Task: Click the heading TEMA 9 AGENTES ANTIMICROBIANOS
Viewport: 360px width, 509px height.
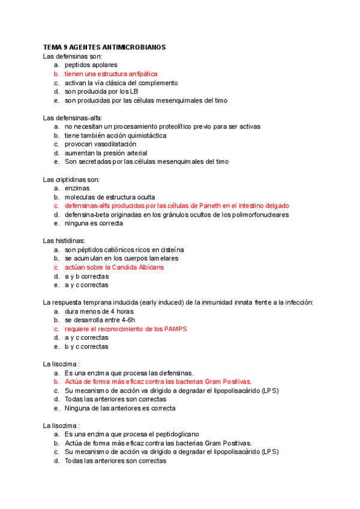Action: pos(104,47)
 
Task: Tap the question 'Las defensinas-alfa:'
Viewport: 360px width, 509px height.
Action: pos(73,118)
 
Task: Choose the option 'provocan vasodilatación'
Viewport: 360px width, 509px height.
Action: pos(100,144)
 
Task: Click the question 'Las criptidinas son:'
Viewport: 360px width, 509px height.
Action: pos(71,179)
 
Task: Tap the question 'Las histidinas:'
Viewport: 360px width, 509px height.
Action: pos(65,240)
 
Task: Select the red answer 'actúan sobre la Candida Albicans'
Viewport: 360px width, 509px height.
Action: pos(114,267)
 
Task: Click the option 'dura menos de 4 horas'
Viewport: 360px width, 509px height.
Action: pos(99,312)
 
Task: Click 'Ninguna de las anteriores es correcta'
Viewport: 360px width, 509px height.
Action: pos(120,408)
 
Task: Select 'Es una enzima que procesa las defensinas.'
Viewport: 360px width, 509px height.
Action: pos(129,373)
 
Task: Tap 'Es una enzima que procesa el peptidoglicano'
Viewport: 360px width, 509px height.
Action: pos(131,434)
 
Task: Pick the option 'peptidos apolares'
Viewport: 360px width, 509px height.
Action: pos(91,65)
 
